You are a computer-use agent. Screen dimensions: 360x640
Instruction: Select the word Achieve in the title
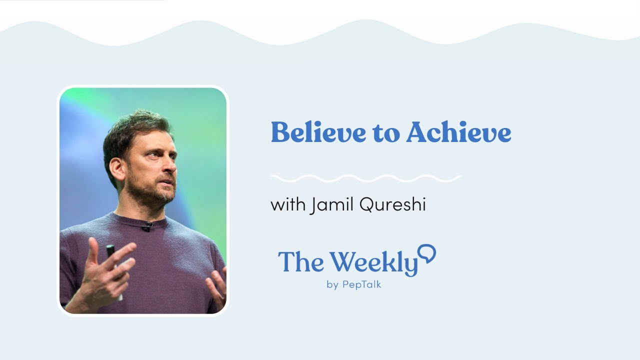coord(458,133)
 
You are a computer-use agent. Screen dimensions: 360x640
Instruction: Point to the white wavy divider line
coord(365,178)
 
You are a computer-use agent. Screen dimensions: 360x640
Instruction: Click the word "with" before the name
coord(287,204)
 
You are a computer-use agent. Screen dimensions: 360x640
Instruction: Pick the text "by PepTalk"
coord(353,285)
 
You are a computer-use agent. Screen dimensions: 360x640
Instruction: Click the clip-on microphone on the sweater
coord(146,226)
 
